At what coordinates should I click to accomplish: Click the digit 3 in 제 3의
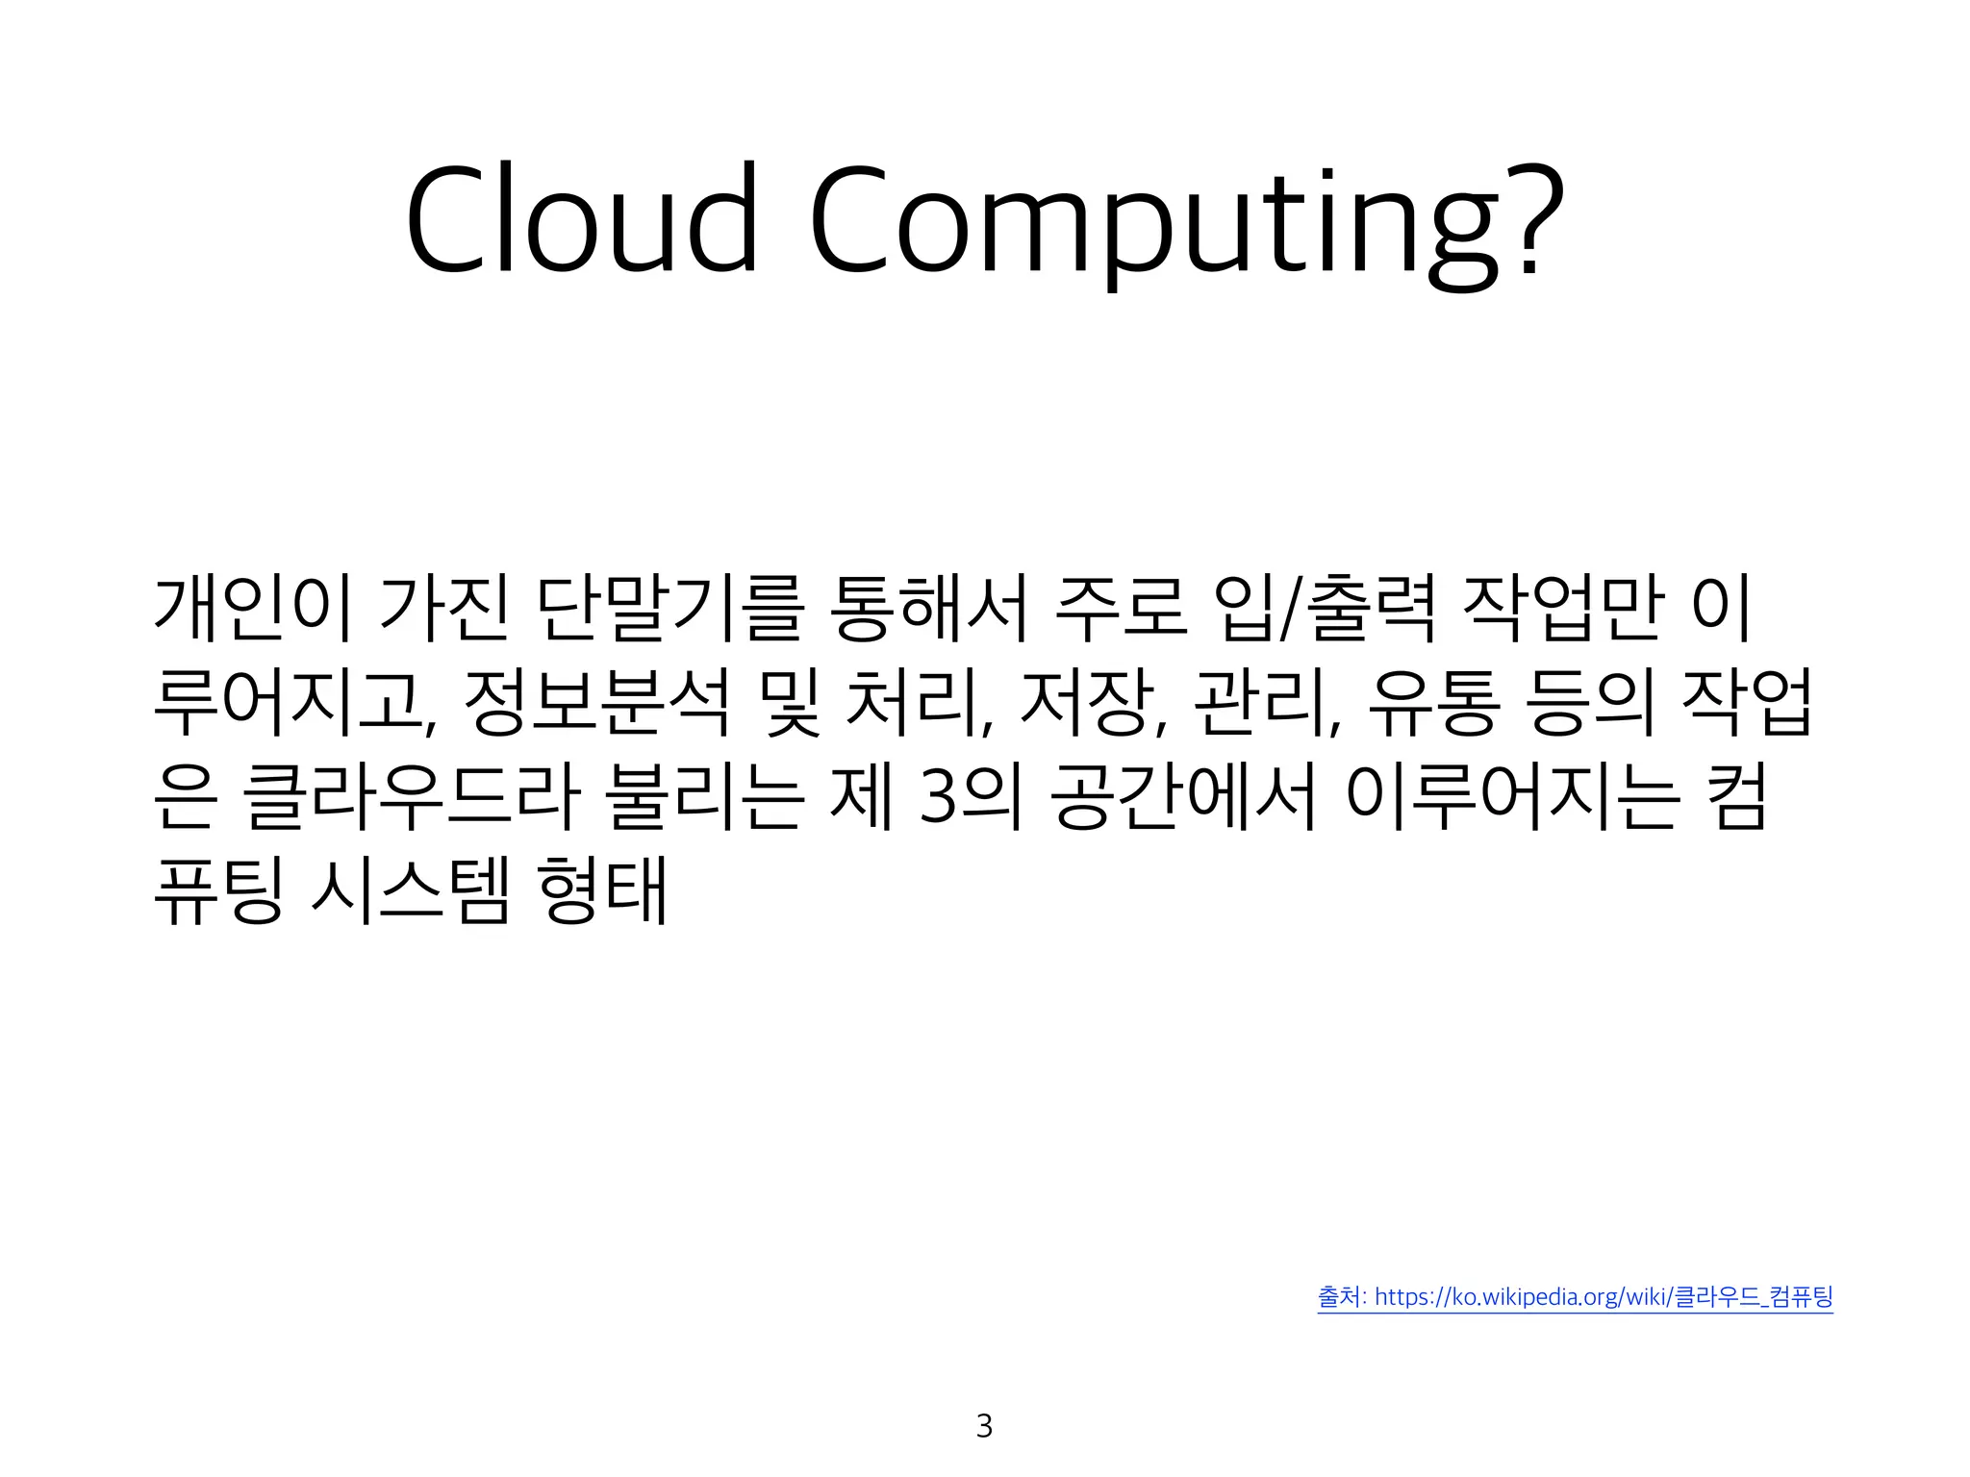(937, 799)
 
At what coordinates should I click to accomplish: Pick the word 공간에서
(1183, 797)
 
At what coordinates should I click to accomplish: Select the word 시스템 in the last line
(411, 891)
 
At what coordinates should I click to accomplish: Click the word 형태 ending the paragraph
(603, 891)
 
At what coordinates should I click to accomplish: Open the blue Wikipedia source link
(1575, 1297)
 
